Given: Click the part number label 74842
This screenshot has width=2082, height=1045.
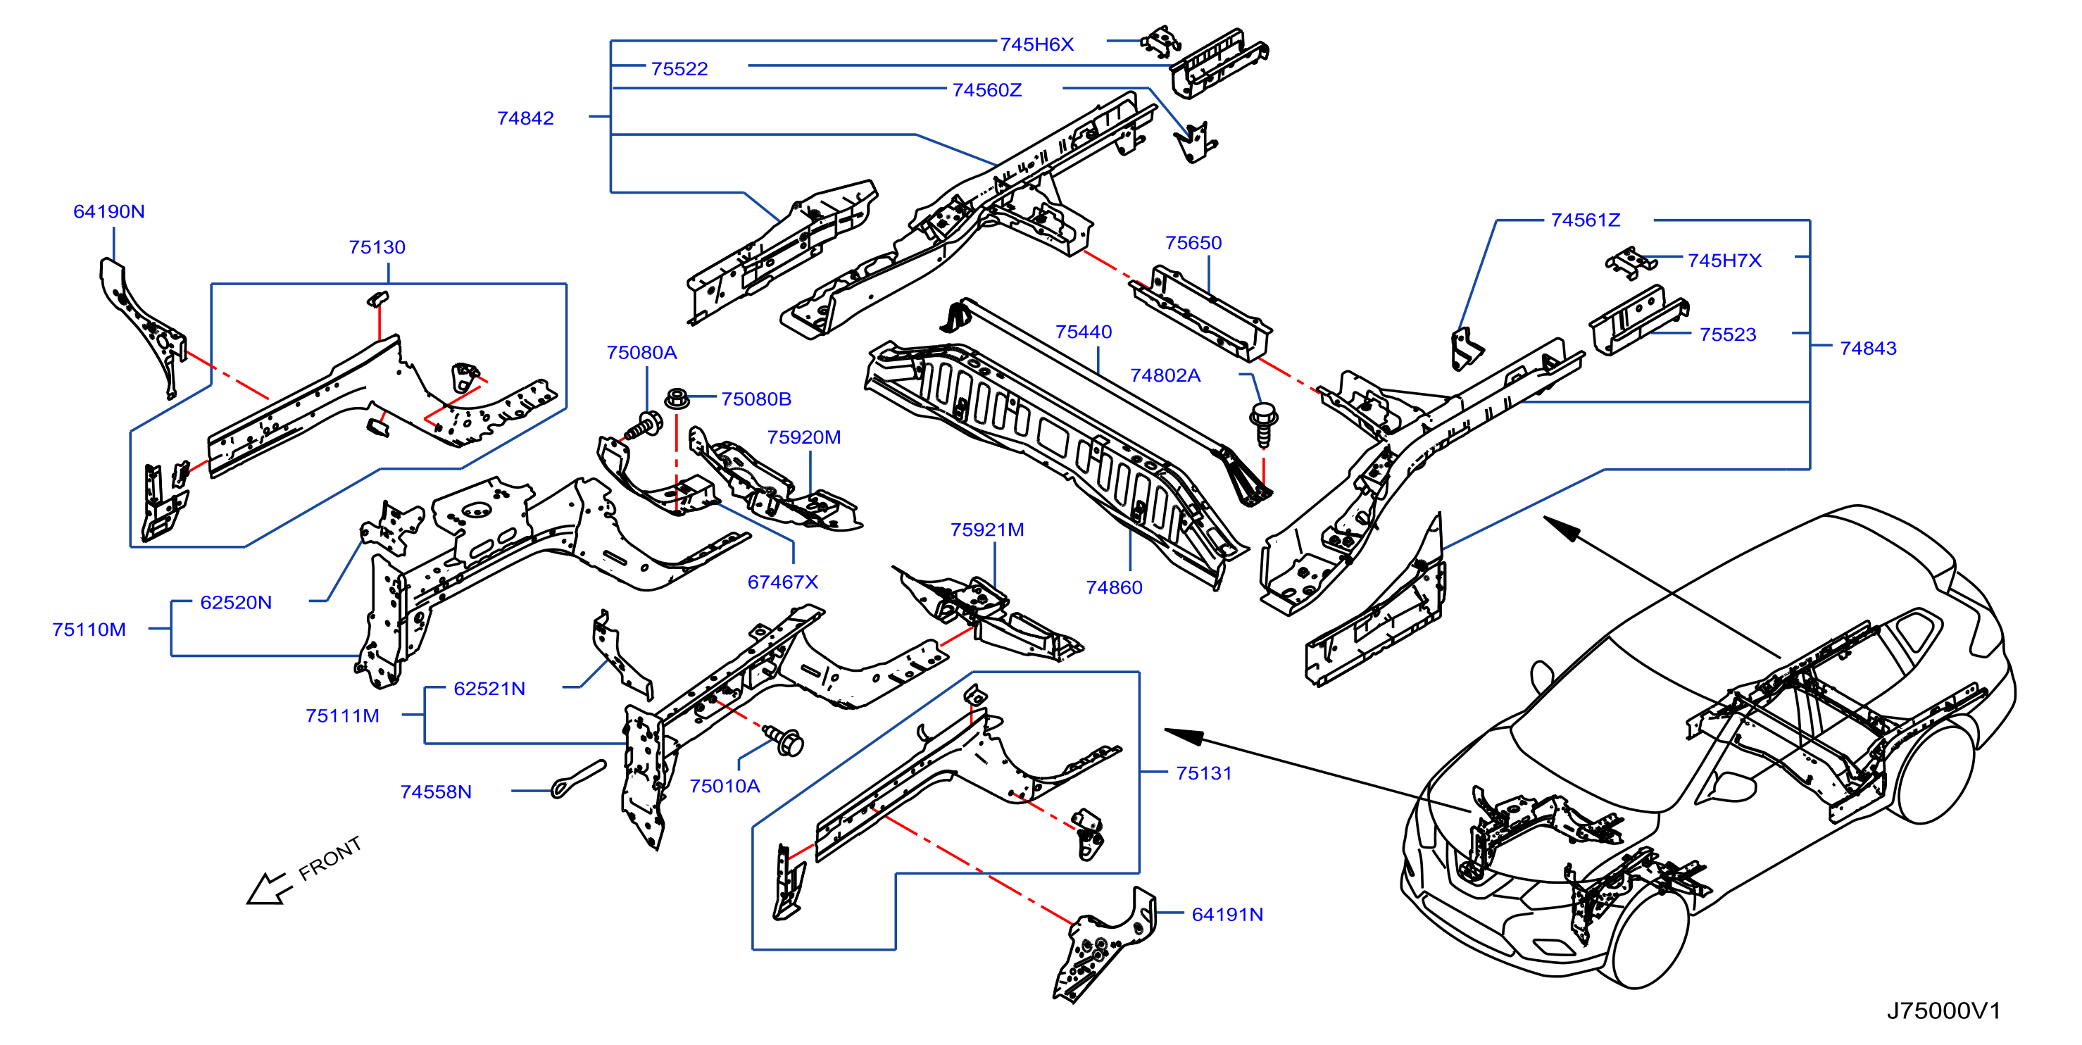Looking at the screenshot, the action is (x=525, y=118).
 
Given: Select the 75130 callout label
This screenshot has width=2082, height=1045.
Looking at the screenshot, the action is (x=377, y=247).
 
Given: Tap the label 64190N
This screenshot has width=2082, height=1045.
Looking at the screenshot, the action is (x=109, y=212).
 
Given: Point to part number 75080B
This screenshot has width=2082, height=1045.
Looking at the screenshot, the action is (x=755, y=399).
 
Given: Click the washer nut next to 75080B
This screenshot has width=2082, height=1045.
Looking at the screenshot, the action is (x=677, y=399).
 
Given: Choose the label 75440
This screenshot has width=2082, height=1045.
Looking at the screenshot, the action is (x=1083, y=332).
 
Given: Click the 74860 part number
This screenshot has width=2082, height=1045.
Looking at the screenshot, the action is (x=1114, y=587).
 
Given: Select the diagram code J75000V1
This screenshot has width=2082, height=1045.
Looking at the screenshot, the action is (x=1944, y=1011).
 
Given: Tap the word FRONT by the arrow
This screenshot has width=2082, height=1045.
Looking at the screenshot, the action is (x=330, y=858).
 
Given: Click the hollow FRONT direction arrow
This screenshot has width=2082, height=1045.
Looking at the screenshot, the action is (x=268, y=889).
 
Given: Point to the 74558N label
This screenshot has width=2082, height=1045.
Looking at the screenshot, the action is (x=436, y=792).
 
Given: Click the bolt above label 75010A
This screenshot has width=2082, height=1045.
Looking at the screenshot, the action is (x=783, y=740).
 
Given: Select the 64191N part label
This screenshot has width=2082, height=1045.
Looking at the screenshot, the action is (x=1227, y=915).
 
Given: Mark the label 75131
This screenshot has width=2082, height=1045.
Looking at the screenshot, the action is (x=1203, y=773).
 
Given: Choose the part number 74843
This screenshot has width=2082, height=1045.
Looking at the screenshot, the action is (x=1868, y=349).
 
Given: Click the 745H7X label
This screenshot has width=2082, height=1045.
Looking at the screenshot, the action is (x=1724, y=261).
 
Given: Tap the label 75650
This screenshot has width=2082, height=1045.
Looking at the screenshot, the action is (x=1193, y=243).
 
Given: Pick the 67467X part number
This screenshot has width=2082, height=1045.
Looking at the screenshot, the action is (x=782, y=582).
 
